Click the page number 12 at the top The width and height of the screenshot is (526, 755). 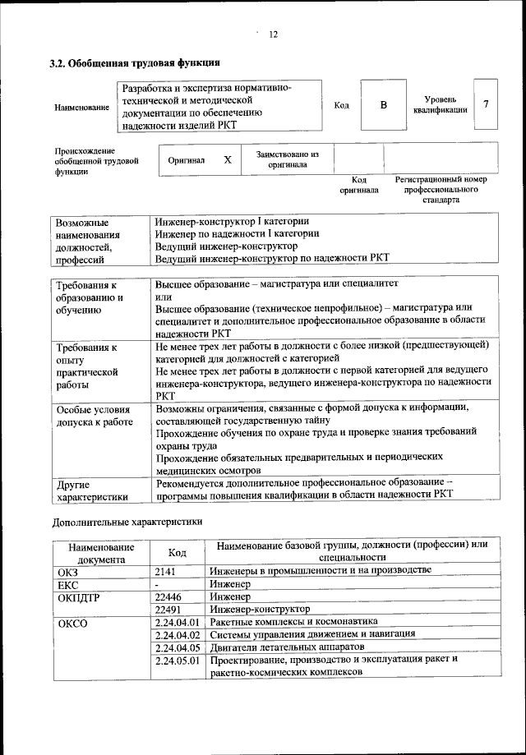coord(274,34)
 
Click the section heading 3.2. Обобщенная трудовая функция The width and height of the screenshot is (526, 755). coord(135,62)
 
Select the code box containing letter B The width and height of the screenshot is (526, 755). coord(382,105)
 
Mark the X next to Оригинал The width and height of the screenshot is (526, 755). coord(228,160)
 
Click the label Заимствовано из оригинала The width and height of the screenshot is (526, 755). coord(287,159)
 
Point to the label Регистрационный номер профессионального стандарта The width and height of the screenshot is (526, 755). coord(441,189)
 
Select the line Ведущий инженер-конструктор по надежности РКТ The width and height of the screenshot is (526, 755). coord(271,258)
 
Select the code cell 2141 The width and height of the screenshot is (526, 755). coord(165,570)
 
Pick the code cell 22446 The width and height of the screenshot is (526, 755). coord(168,596)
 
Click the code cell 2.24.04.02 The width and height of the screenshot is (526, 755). coord(178,635)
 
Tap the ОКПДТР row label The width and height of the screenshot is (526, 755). coord(79,596)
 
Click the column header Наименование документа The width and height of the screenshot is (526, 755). coord(101,552)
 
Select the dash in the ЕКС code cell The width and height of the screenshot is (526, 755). coord(157,583)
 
